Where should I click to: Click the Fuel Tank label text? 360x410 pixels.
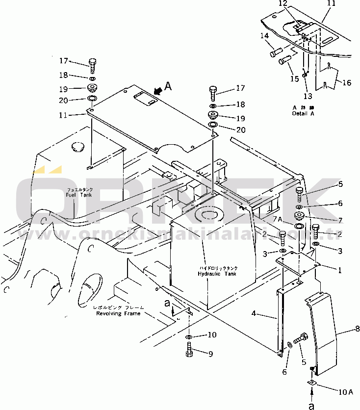79,192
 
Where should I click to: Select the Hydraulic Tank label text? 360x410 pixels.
217,271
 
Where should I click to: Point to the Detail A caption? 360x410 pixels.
304,110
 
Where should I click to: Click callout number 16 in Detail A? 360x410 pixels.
346,83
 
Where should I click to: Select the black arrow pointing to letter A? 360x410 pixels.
157,91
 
